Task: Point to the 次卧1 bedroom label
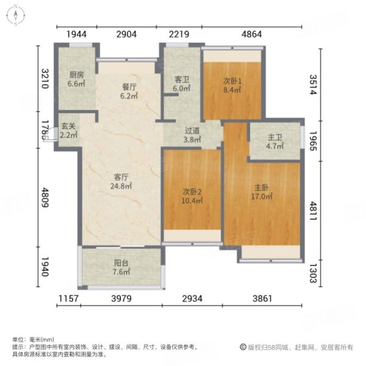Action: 230,81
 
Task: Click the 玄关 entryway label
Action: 68,126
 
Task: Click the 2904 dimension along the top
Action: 127,34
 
